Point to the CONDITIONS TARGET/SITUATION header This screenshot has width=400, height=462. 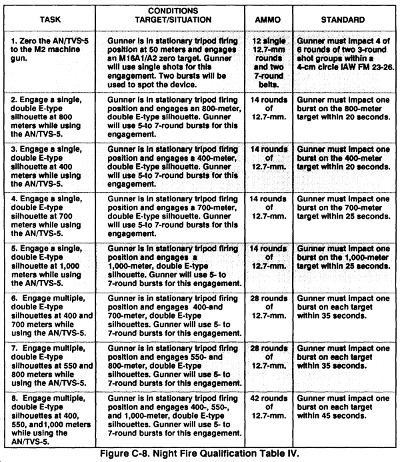coord(175,15)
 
